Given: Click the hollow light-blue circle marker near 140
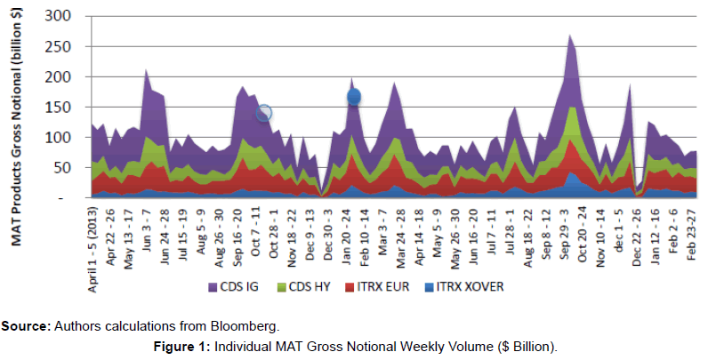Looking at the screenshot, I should point(264,113).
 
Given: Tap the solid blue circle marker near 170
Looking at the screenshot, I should point(353,96).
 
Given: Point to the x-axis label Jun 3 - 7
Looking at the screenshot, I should point(147,225).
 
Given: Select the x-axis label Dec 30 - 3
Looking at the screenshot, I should point(327,228).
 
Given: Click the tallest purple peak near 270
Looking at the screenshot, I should point(569,36).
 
